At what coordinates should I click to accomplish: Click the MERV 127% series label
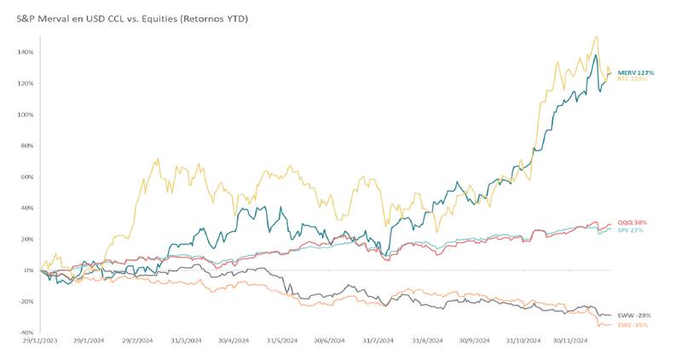(x=635, y=73)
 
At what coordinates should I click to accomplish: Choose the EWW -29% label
(x=634, y=316)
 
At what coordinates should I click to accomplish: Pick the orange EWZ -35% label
(x=634, y=324)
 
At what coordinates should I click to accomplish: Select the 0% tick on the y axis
(x=28, y=270)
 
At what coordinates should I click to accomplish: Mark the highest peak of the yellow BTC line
(x=596, y=37)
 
